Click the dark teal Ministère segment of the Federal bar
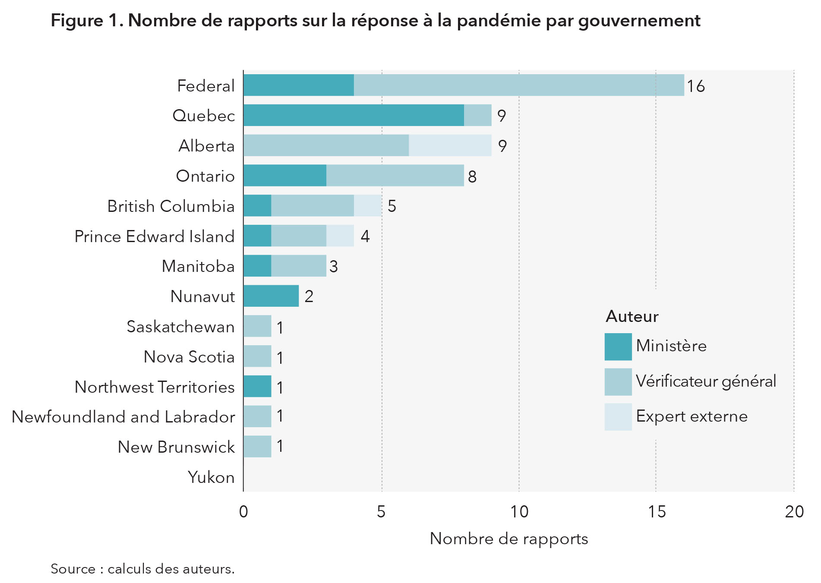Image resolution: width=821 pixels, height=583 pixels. (298, 85)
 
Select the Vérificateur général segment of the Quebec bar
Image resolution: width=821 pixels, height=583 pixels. (477, 115)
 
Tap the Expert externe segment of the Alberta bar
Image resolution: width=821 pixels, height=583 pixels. (450, 145)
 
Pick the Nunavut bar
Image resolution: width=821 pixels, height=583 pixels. (271, 296)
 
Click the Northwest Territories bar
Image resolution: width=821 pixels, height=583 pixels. (257, 386)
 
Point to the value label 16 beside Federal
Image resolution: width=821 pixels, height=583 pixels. (696, 86)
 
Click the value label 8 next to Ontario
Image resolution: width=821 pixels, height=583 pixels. (472, 176)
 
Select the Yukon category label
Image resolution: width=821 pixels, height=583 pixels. (211, 477)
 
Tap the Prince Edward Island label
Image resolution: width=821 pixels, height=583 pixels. (154, 236)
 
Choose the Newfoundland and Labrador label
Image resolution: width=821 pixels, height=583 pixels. (123, 417)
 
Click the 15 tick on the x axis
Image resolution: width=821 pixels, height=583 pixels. (657, 512)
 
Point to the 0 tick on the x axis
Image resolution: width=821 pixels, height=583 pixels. (243, 512)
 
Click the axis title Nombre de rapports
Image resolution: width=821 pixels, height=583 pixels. (508, 539)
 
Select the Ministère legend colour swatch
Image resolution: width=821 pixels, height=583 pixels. (618, 347)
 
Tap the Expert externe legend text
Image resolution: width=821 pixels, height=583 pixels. (692, 416)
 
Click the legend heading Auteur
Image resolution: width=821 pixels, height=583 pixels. (632, 316)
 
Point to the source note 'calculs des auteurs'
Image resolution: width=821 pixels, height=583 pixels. (171, 569)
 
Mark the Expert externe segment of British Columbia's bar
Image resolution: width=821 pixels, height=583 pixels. (368, 205)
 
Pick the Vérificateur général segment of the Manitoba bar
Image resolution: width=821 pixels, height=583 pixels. (298, 266)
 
